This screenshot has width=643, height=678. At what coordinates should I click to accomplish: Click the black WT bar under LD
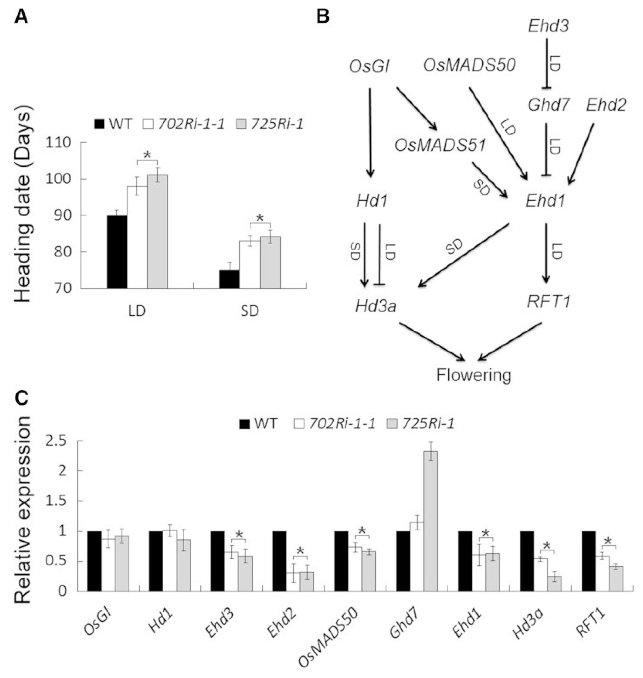pyautogui.click(x=117, y=252)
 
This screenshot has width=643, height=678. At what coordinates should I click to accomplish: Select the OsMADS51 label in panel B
pyautogui.click(x=440, y=145)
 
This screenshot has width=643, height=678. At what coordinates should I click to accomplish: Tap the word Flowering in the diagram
pyautogui.click(x=474, y=376)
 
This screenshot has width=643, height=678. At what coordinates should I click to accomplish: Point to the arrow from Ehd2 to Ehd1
pyautogui.click(x=580, y=154)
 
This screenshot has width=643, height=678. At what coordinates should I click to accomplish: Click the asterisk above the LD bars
pyautogui.click(x=147, y=155)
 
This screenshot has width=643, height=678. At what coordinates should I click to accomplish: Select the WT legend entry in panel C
pyautogui.click(x=257, y=424)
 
